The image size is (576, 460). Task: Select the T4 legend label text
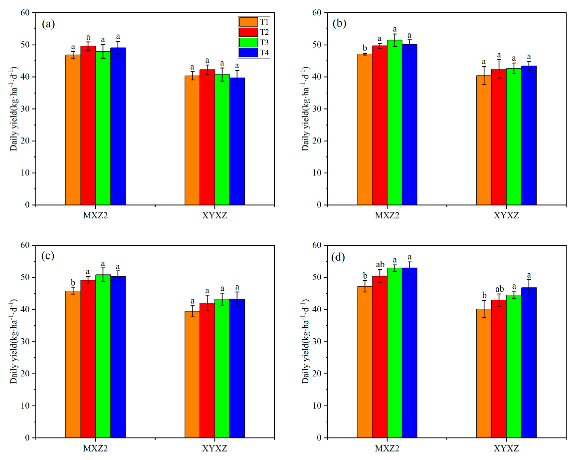[x=264, y=53]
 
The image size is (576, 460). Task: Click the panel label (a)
[x=48, y=24]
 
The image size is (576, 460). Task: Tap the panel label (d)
[x=338, y=257]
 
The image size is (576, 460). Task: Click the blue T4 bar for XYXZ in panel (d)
[x=529, y=364]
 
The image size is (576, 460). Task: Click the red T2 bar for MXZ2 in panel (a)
[x=88, y=126]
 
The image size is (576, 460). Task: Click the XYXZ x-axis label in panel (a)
[x=214, y=215]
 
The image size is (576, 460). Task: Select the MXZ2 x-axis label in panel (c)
[x=95, y=448]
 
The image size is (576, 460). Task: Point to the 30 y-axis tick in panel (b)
[x=319, y=109]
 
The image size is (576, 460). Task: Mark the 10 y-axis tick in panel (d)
[x=319, y=406]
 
